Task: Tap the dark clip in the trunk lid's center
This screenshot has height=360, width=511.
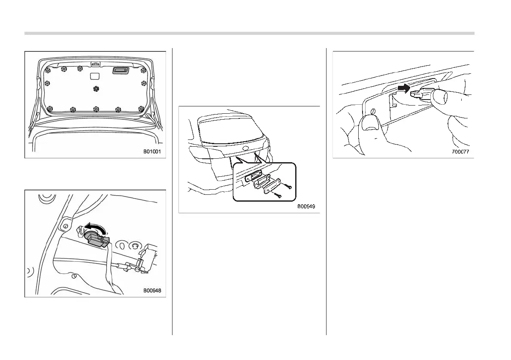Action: [x=95, y=88]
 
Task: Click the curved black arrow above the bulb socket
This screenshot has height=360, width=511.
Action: [x=95, y=226]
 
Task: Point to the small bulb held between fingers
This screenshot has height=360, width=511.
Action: [x=418, y=93]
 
